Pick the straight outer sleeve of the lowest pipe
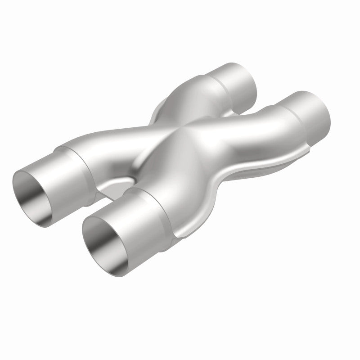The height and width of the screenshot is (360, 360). click(135, 211)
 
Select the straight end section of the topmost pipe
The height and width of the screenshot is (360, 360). click(234, 79)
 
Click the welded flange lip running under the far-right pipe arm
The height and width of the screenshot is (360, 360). click(252, 171)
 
